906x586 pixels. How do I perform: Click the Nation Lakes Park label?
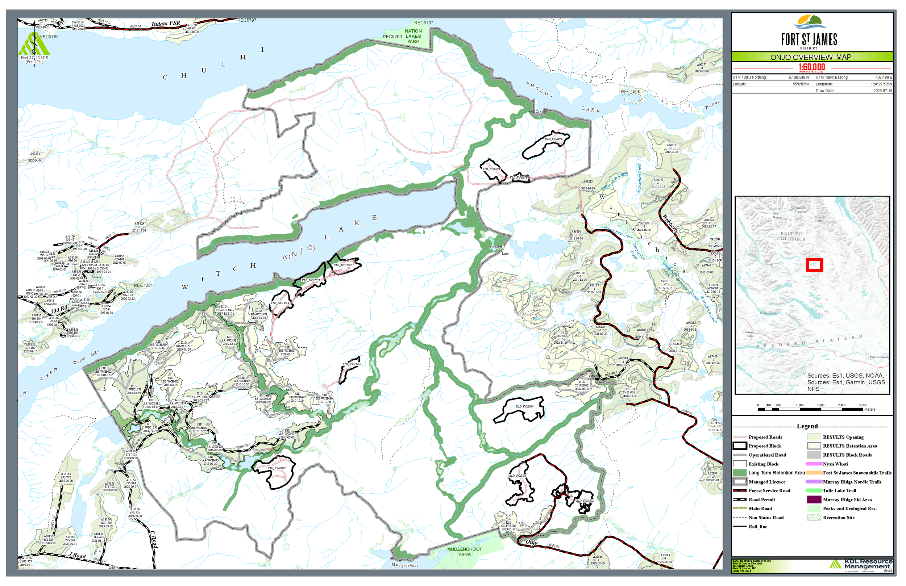413,37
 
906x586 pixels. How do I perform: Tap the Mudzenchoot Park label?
465,552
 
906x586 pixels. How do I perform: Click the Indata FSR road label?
166,24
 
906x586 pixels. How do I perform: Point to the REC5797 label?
247,20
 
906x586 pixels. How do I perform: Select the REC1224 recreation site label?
143,285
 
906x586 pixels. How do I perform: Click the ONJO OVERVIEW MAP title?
811,58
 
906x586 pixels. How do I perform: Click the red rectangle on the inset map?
814,265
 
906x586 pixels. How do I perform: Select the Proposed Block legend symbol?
740,446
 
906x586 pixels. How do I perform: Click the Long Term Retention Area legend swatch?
740,473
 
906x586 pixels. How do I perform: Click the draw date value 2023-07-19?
882,91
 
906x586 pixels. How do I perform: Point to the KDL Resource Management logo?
860,564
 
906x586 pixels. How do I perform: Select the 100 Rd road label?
60,310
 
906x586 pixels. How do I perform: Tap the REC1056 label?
630,92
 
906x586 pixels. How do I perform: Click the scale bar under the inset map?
811,409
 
